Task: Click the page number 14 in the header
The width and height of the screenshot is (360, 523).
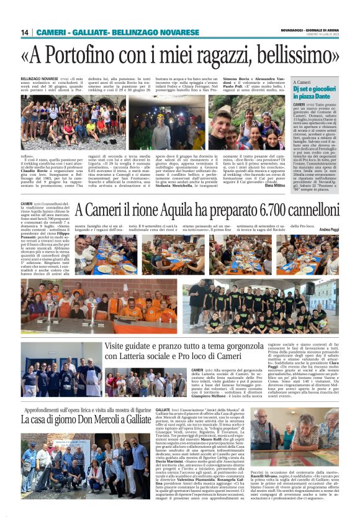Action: [x=25, y=32]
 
